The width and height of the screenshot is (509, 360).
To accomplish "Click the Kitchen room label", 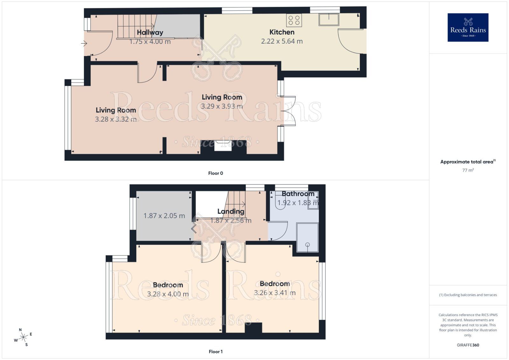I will (282, 32).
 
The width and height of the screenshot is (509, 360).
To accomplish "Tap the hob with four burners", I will (294, 20).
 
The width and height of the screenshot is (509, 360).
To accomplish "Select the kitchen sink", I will (329, 19).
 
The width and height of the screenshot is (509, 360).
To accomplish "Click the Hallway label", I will (150, 32).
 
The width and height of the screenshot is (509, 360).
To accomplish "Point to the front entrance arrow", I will (84, 43).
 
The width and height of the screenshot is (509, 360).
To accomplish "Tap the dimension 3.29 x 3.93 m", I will (222, 106).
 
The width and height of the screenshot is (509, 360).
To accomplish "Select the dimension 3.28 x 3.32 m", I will (116, 119).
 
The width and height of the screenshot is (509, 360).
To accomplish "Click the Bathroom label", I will (298, 194).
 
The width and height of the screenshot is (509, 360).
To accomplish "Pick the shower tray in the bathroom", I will (307, 237).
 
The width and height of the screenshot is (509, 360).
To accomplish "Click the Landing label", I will (231, 211).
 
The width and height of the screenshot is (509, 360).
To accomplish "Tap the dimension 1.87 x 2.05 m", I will (164, 216).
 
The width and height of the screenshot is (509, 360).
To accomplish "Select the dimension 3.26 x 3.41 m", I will (275, 293).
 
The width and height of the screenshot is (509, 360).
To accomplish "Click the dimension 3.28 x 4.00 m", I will (168, 294).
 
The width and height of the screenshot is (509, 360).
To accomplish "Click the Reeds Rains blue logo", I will (468, 27).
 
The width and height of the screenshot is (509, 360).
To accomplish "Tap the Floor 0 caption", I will (215, 173).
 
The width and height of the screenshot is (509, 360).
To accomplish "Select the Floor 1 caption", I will (215, 351).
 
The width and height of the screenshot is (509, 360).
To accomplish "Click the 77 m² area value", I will (468, 170).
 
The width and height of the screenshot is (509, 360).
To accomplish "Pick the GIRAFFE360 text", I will (468, 345).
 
